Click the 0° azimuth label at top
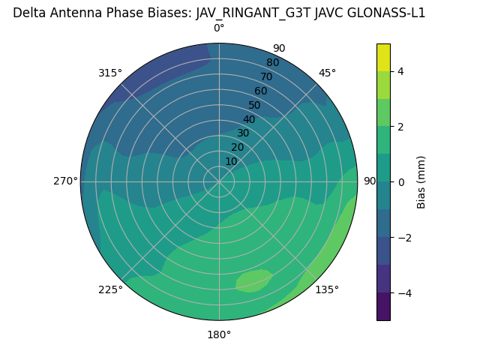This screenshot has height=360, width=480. coord(219,28)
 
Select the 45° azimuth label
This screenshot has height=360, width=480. coord(327,73)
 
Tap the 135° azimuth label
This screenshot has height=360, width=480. coord(327,289)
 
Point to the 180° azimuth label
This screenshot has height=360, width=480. coord(219,334)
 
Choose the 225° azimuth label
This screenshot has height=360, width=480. coord(110,289)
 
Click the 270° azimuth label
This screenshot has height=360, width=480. coord(65,181)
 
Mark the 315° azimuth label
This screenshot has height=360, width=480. coord(110,73)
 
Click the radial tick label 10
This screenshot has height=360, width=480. coord(231,161)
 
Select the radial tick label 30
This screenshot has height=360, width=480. coord(243,133)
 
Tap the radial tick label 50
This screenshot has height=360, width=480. coord(254,106)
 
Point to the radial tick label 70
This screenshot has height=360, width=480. coord(266,76)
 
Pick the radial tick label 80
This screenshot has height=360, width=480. coord(272,63)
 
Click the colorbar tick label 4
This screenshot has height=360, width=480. coord(400,71)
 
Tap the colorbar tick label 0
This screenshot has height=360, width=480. coord(400,182)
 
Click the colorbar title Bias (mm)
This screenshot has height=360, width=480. coord(421,181)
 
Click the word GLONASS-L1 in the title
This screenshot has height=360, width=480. coord(388,13)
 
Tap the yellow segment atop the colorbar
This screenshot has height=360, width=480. coord(383,57)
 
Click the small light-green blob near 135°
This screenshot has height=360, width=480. coord(253,280)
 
